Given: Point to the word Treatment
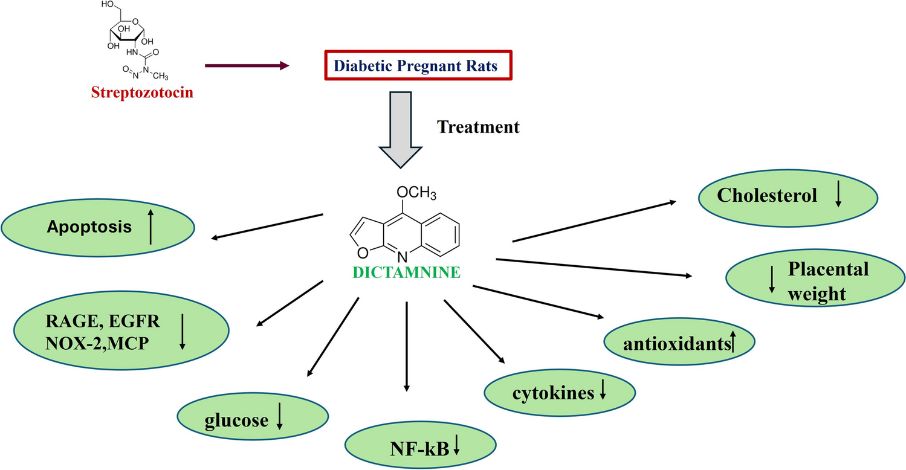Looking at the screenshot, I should pos(478,127).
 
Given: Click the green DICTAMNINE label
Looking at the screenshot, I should pos(407,272).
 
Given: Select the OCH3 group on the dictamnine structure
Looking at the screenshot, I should pos(416,194).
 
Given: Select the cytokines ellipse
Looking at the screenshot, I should pos(560,393).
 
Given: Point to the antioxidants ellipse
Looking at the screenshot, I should pos(679,344).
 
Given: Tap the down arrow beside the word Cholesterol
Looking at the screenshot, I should pos(838,197).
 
